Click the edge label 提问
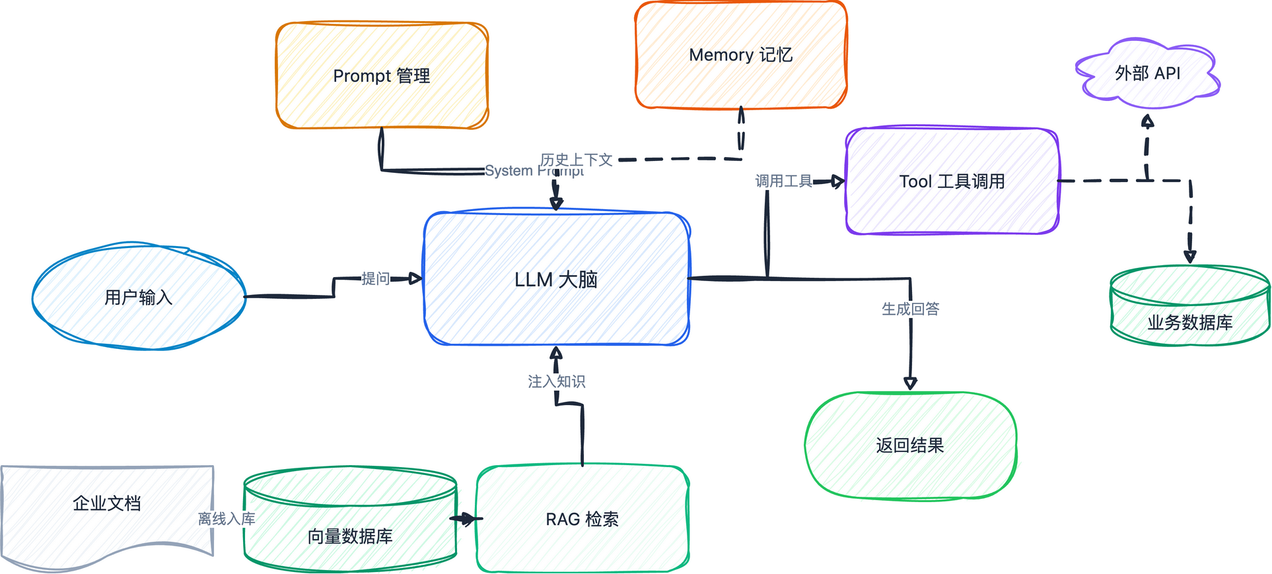click(x=375, y=278)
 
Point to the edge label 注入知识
click(x=556, y=381)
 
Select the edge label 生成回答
click(x=910, y=309)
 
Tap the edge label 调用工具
click(x=783, y=181)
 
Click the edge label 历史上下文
click(x=576, y=160)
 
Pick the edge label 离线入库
click(x=227, y=519)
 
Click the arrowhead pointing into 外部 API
click(x=1148, y=121)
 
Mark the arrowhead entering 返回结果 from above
click(x=910, y=383)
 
